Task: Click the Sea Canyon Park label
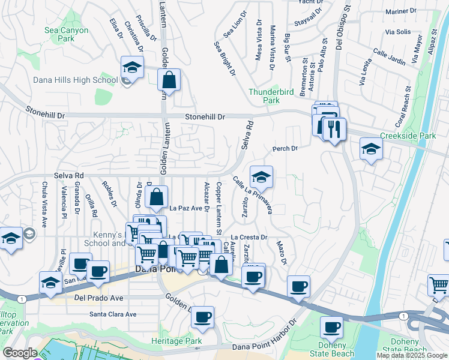click(66, 35)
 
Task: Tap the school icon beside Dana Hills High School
click(133, 67)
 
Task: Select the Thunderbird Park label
click(264, 97)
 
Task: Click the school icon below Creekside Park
click(371, 149)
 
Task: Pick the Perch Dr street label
click(285, 148)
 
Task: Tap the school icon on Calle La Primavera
click(261, 177)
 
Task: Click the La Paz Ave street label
click(185, 208)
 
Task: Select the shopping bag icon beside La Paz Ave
click(156, 197)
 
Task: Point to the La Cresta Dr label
click(249, 238)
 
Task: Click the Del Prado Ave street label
click(98, 297)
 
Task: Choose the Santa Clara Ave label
click(113, 314)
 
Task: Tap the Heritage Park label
click(176, 341)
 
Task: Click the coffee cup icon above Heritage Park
click(203, 316)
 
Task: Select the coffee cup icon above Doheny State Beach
click(331, 328)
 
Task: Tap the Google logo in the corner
click(20, 353)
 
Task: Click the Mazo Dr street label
click(281, 253)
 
